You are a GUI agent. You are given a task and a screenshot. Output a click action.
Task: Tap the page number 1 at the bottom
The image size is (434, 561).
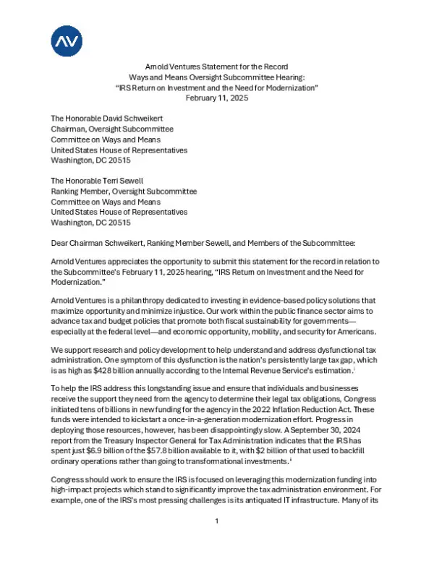point(217,541)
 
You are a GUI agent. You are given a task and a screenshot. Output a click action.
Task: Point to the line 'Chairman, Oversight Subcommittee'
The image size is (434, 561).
point(114,129)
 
